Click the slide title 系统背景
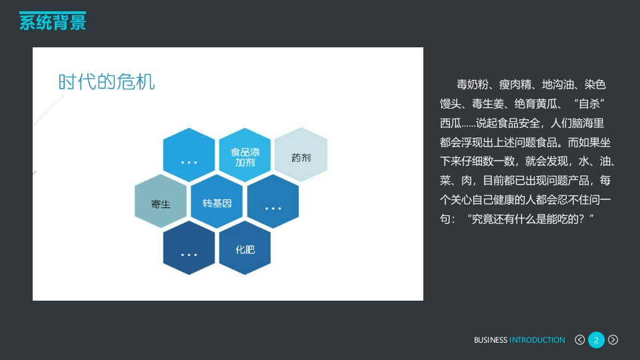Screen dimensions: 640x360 [x=53, y=22]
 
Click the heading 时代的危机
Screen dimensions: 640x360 [x=107, y=82]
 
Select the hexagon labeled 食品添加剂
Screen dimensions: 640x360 [x=245, y=155]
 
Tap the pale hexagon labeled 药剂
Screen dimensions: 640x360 [x=301, y=155]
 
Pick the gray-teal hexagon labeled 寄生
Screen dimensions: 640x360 [x=161, y=201]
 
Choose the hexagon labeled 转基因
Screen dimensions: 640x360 [x=217, y=201]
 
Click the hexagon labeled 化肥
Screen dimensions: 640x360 [x=245, y=248]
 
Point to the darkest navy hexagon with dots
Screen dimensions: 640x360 [x=189, y=248]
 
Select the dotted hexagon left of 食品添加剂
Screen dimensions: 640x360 [x=189, y=155]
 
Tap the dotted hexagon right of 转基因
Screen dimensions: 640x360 [x=273, y=201]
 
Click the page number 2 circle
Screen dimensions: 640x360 [x=596, y=340]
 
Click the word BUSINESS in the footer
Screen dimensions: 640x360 [x=491, y=340]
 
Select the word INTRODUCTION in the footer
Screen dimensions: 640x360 [x=537, y=340]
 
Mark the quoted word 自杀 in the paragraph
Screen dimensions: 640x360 [x=589, y=104]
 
